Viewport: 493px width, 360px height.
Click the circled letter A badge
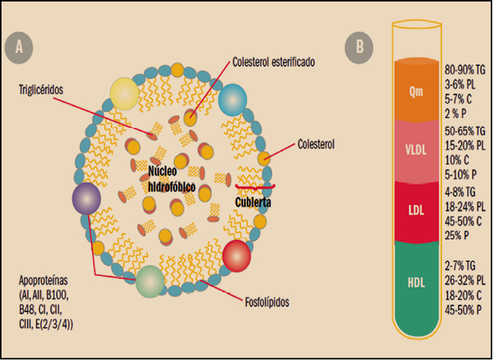[19, 47]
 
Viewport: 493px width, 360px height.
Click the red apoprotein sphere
[237, 254]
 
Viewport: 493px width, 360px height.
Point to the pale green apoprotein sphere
[150, 281]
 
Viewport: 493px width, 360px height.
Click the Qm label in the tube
[416, 94]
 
